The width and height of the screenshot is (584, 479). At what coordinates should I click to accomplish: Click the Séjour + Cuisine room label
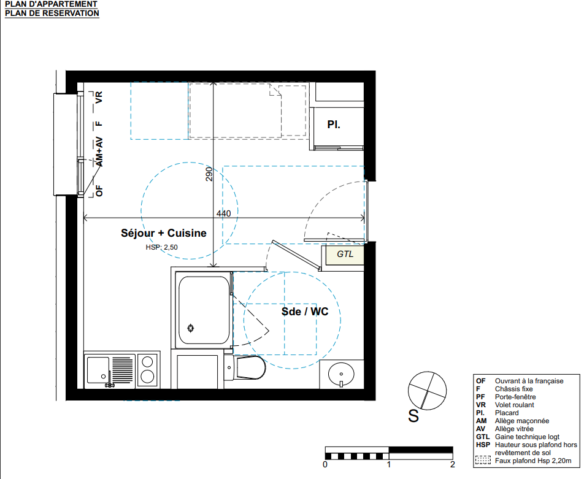pos(164,233)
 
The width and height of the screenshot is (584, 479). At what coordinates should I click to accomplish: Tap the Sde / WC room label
pos(305,312)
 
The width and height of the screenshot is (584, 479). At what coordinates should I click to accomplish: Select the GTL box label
pos(345,254)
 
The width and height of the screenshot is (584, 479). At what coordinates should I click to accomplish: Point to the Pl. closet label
pos(334,125)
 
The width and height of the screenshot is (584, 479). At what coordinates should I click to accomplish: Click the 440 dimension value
pos(223,213)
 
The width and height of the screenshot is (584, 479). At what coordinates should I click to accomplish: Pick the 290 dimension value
pos(209,174)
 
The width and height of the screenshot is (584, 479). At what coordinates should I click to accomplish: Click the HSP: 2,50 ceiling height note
pos(162,247)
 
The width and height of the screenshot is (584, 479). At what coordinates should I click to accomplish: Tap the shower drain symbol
pos(191,328)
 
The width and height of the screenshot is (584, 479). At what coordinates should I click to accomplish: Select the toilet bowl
pos(250,367)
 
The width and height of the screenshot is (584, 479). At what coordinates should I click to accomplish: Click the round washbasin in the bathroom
pos(341,374)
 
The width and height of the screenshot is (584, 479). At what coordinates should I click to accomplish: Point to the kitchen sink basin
pos(98,370)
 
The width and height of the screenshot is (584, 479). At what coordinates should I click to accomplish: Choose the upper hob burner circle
pos(147,362)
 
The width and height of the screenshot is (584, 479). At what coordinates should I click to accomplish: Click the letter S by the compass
pos(413,416)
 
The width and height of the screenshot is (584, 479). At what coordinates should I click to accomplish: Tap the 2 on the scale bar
pos(453,464)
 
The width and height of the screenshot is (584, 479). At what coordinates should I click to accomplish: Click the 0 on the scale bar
pos(325,464)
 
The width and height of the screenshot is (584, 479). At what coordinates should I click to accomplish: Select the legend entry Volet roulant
pos(514,405)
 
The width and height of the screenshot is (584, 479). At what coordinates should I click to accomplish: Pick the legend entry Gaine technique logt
pos(527,437)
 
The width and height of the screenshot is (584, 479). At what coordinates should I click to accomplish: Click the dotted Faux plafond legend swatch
pos(483,461)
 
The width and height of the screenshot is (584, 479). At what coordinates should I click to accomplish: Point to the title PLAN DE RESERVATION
pos(52,13)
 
